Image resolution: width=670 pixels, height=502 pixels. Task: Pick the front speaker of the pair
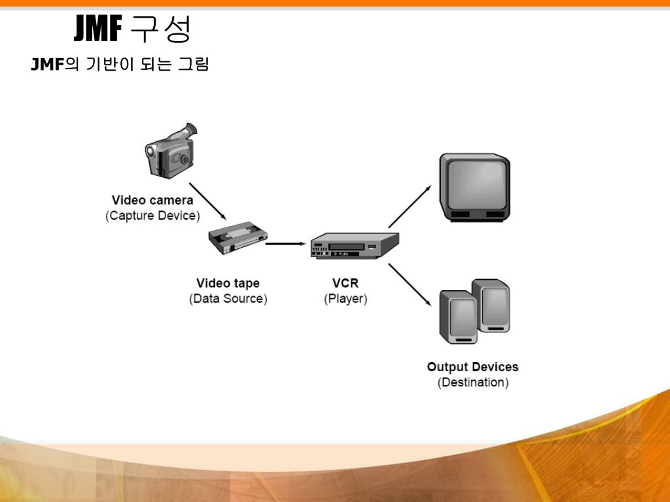coord(459,319)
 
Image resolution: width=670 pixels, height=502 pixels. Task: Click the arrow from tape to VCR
coord(287,244)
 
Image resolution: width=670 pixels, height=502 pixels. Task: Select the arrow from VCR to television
coord(410,206)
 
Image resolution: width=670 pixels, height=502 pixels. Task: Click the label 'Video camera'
coord(152,201)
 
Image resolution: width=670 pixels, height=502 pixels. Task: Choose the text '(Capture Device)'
coord(152,216)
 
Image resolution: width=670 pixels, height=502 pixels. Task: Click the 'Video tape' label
coord(228,284)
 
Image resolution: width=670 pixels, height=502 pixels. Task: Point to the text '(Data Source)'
coord(228,299)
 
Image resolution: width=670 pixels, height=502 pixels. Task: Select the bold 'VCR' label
coord(345,284)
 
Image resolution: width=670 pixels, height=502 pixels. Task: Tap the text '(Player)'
coord(345,299)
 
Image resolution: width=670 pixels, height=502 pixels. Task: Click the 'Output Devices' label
coord(472,367)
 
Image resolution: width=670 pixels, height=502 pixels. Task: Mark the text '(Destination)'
coord(472,382)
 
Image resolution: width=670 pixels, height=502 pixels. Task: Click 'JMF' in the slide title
coord(98,28)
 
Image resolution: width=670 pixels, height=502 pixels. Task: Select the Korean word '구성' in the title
coord(160,28)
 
